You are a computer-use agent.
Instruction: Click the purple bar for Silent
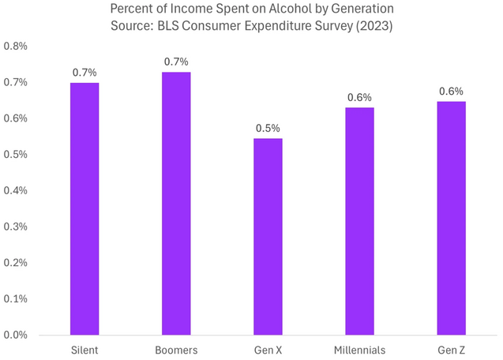click(x=84, y=208)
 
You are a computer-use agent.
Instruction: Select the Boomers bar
click(x=176, y=203)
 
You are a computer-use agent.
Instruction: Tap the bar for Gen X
click(x=268, y=236)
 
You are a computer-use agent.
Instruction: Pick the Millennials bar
click(x=359, y=221)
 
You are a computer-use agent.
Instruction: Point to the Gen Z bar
click(x=451, y=218)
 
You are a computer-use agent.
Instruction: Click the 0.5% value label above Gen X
click(x=268, y=128)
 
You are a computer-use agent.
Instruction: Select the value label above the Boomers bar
click(x=176, y=62)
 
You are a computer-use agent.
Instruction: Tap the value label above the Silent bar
click(x=84, y=73)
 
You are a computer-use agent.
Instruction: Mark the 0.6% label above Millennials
click(x=359, y=97)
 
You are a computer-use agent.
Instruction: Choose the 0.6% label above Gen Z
click(x=451, y=91)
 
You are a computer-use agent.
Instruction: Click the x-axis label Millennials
click(x=359, y=349)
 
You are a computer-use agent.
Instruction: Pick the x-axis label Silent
click(x=84, y=349)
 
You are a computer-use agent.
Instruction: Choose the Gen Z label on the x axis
click(x=451, y=349)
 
